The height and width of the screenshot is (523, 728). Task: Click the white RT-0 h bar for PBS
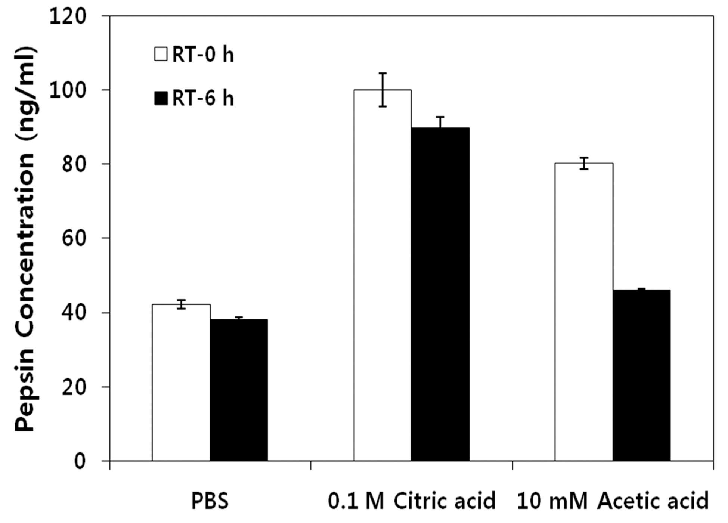coord(181,383)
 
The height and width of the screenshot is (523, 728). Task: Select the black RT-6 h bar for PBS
coord(239,390)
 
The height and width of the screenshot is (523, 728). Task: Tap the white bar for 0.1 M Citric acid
coord(382,275)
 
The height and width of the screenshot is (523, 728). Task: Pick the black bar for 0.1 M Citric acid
coord(440,294)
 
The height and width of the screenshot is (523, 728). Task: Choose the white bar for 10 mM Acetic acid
coord(584,312)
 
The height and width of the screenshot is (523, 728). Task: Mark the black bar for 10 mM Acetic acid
coord(642,375)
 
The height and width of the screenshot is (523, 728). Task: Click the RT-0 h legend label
coord(203,55)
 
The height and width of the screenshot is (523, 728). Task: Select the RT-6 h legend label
coord(203,99)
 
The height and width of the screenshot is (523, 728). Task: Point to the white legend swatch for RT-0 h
coord(161,54)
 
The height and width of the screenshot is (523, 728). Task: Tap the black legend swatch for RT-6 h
coord(161,98)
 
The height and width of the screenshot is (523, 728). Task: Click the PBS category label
coord(210,501)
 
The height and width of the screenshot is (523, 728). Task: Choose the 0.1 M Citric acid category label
coord(412,501)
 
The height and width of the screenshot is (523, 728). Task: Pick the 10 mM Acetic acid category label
coord(613,501)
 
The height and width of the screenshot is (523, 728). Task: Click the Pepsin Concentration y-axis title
coord(25,239)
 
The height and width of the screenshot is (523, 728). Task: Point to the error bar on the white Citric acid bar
coord(382,90)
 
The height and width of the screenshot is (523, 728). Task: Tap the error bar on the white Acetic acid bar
coord(584,163)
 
